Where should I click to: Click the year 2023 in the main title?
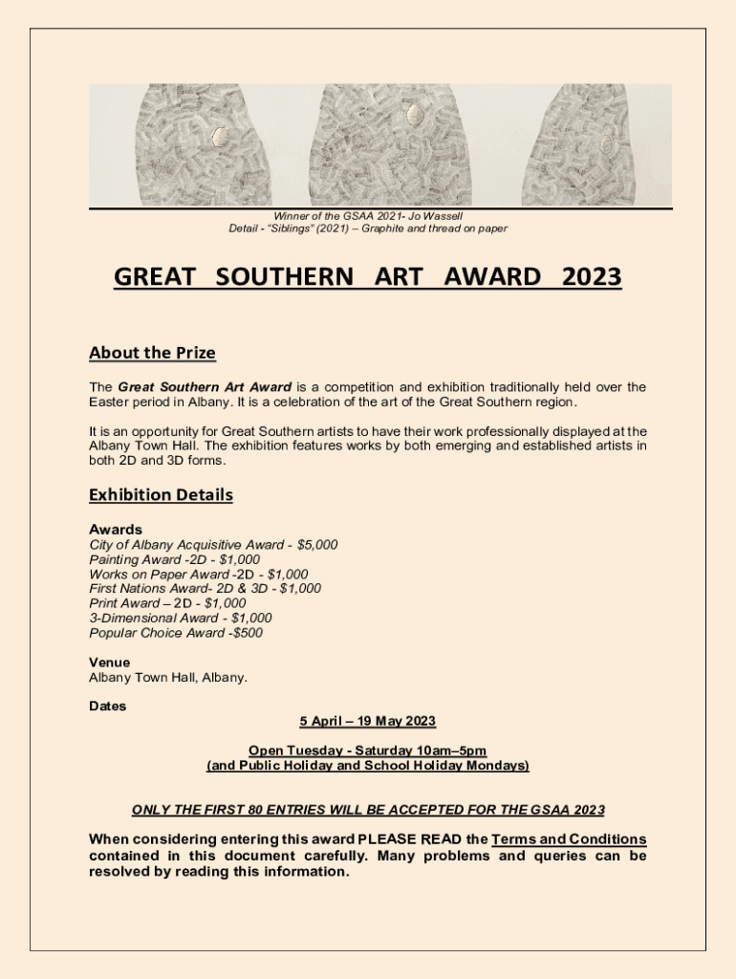click(x=592, y=277)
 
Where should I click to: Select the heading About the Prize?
click(x=152, y=353)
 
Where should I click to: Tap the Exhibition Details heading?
click(x=161, y=495)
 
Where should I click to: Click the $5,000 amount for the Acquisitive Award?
click(x=317, y=545)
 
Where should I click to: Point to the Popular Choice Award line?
click(x=176, y=633)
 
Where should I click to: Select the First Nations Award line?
click(x=205, y=589)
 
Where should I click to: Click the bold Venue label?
click(x=109, y=663)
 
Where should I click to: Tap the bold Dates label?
click(x=107, y=707)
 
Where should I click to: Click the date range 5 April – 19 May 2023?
click(x=367, y=721)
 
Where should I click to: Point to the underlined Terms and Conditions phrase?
click(x=569, y=839)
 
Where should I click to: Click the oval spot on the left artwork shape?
click(x=220, y=137)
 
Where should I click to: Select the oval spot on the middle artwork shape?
click(x=415, y=116)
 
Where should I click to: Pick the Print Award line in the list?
click(x=167, y=603)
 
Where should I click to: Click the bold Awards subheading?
click(x=116, y=530)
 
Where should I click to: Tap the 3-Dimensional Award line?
click(x=180, y=619)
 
